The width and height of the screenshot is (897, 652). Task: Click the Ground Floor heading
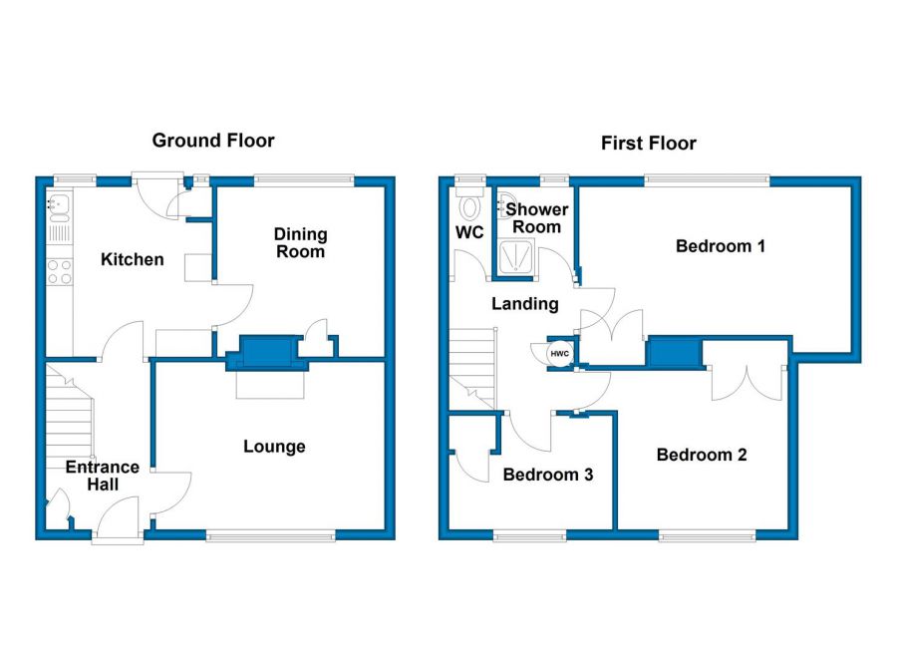pos(213,141)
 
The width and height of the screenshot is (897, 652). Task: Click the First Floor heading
pos(648,144)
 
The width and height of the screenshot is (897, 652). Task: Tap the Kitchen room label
pos(133,259)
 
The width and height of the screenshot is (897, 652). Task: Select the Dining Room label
pos(300,242)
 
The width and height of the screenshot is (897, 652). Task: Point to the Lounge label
pos(274,447)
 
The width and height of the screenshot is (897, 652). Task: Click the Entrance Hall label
pos(103,476)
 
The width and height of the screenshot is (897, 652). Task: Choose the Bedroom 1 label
pos(720,245)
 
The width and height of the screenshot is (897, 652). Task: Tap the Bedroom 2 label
pos(702,455)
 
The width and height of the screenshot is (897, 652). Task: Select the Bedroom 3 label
pos(547,475)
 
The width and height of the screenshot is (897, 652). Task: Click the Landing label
pos(524,304)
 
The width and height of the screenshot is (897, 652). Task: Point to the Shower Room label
pos(536,217)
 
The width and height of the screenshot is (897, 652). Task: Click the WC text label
pos(468,233)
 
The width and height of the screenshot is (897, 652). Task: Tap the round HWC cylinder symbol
pos(559,353)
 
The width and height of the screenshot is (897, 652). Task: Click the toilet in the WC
pos(470,207)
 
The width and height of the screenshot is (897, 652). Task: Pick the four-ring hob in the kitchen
pos(59,271)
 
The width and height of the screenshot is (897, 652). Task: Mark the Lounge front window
pos(271,536)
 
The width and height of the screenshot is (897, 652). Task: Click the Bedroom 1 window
pos(707,181)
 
